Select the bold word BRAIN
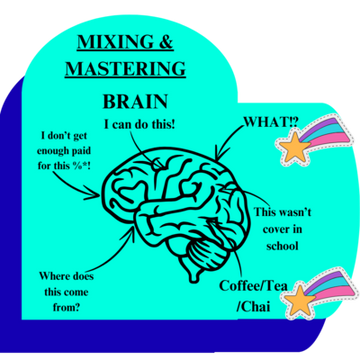tap(140, 102)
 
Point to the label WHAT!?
tap(271, 124)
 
